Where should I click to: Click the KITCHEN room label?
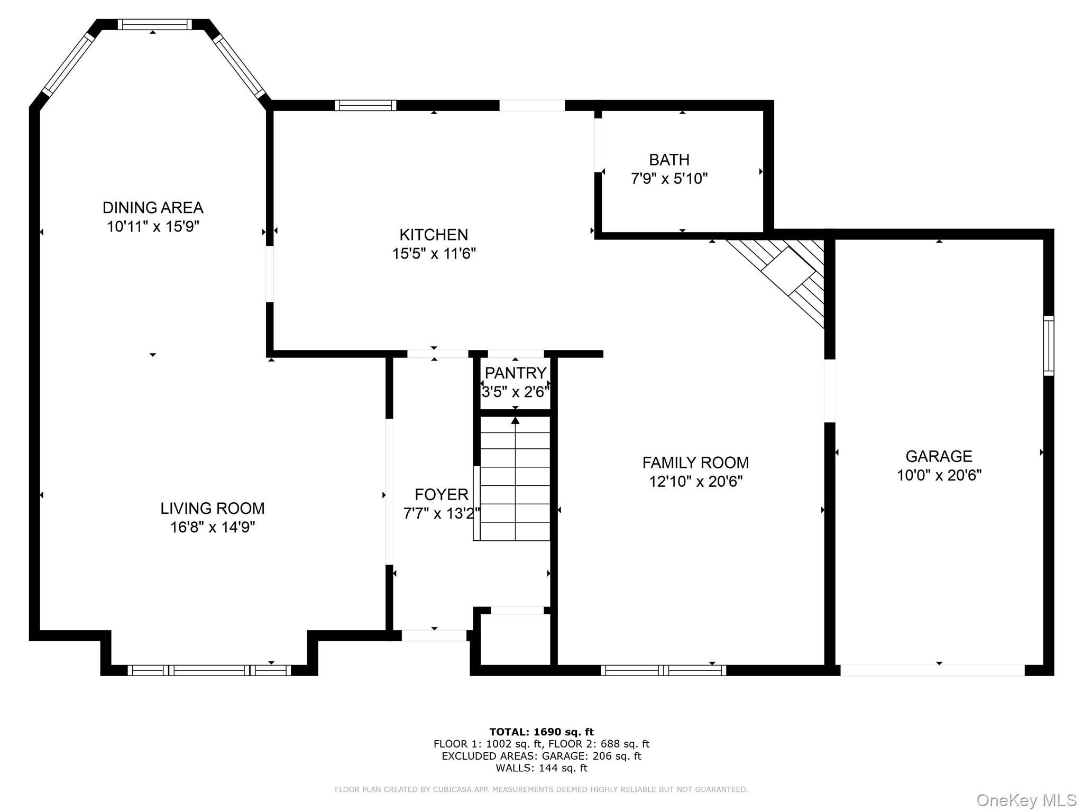pos(434,234)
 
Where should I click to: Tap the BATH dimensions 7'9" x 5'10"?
pos(669,179)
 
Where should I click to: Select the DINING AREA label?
pos(153,207)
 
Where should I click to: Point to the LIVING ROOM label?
pos(213,508)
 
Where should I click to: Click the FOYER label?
pos(442,494)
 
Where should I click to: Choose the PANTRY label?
pos(515,373)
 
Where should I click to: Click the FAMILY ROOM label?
pos(695,463)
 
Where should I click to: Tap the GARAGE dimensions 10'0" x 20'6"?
pos(939,475)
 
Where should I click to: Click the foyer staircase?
pos(512,478)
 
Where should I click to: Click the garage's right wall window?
pos(1048,346)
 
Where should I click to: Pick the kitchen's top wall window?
pos(365,105)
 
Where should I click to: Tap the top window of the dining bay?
pos(154,24)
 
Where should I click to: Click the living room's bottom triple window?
pos(209,670)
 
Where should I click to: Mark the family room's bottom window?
pos(663,670)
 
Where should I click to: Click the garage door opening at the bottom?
pos(932,670)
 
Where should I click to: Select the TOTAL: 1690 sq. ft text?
pos(541,732)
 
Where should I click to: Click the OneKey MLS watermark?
pos(1026,800)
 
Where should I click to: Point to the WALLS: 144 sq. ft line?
pos(541,768)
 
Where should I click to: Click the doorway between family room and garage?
pos(830,391)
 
